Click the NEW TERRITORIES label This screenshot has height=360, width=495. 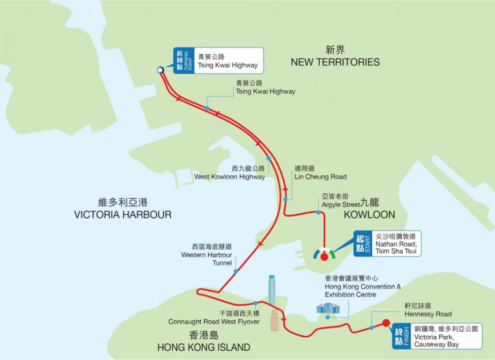335,62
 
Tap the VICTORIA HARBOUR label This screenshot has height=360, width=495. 122,215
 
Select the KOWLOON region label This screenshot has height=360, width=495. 370,215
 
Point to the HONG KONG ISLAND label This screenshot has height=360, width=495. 204,347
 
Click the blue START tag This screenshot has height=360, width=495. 363,243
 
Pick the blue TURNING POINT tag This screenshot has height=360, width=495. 184,61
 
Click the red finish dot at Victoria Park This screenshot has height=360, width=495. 386,323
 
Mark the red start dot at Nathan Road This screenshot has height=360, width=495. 324,256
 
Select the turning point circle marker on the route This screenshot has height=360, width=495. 160,70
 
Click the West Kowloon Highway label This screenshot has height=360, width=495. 229,177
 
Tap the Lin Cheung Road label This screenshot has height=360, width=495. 320,177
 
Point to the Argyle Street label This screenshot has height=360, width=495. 340,205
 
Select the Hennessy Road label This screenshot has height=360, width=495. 427,314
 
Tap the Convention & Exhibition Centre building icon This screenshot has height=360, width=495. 328,308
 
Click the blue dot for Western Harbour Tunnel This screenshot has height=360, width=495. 236,271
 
